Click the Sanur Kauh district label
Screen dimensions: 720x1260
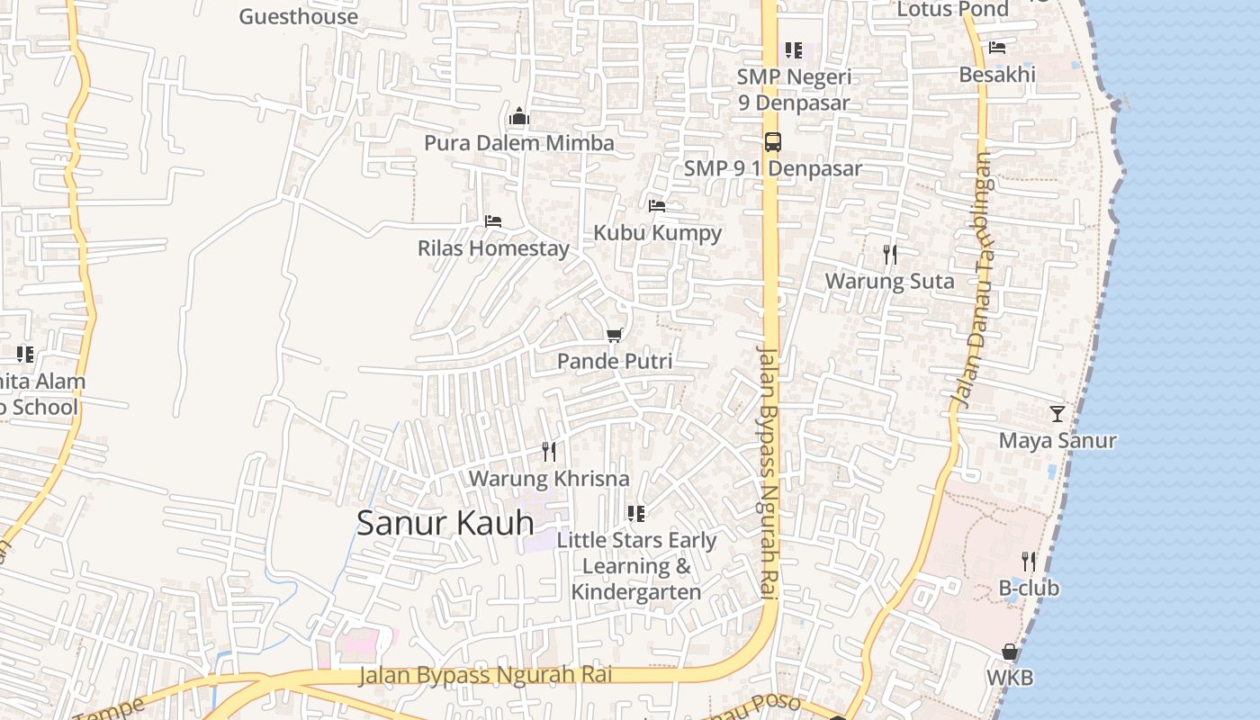click(x=445, y=523)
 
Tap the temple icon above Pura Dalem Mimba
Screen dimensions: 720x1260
click(x=518, y=116)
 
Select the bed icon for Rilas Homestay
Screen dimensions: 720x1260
click(x=492, y=220)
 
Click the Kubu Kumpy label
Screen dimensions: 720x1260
click(x=657, y=232)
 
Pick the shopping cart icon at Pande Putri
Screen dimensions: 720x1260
click(x=615, y=336)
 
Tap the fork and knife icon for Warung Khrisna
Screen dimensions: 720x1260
click(x=549, y=451)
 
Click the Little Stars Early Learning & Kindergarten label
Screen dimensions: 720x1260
click(x=636, y=566)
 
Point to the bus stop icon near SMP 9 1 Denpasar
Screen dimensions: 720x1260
click(x=772, y=141)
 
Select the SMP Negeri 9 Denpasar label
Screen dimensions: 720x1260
click(x=794, y=89)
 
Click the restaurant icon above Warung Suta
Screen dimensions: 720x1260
click(x=890, y=255)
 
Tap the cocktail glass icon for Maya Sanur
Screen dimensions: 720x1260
click(x=1057, y=414)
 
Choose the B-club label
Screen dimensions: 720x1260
click(x=1029, y=588)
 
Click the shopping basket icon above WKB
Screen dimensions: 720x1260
click(x=1010, y=651)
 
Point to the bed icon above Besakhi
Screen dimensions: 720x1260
click(x=996, y=48)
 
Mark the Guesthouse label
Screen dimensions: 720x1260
click(x=298, y=16)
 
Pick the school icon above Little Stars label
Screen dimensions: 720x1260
click(x=636, y=514)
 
